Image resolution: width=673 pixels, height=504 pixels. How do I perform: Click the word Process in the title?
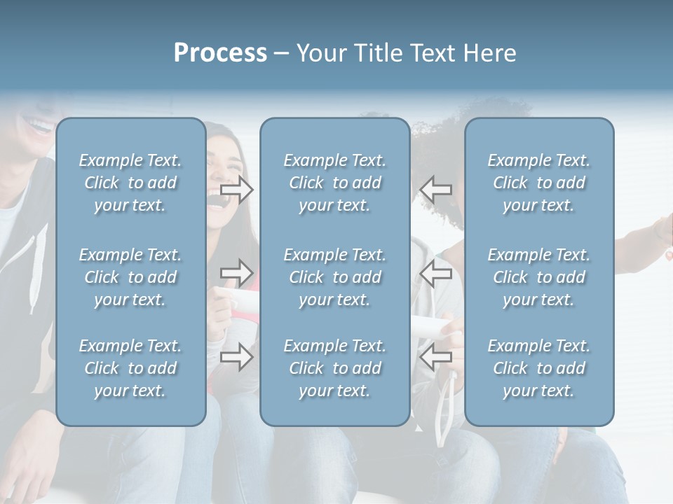220,53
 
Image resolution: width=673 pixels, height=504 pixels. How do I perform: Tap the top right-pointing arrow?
237,189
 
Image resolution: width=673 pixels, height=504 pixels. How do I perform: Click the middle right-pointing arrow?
237,272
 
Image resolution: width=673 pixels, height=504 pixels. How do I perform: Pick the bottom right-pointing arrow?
237,357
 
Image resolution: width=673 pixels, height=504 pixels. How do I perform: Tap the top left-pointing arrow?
435,189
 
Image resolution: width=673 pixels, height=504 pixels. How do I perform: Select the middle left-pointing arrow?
435,272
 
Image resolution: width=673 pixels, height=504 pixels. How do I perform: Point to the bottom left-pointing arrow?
435,357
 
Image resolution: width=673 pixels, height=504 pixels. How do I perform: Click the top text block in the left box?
130,183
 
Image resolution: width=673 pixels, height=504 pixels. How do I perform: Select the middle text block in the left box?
130,277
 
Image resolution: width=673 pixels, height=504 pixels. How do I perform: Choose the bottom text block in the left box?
130,368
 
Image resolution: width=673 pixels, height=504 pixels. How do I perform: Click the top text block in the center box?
335,183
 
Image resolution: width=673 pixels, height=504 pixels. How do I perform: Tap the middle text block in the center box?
335,277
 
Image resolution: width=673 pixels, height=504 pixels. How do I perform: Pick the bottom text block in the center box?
335,368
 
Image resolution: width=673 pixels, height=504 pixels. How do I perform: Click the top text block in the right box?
539,183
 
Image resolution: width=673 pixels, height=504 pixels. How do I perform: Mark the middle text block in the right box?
539,277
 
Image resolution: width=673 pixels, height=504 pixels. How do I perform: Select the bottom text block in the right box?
539,368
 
